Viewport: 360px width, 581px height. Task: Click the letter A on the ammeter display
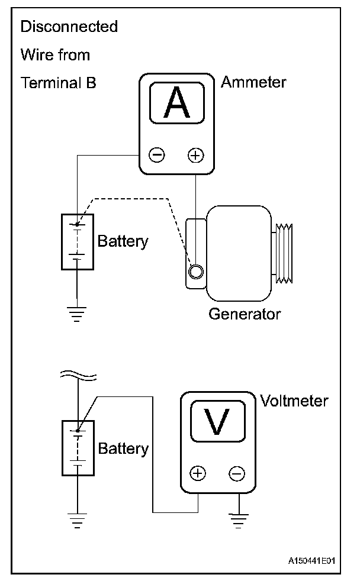click(x=176, y=104)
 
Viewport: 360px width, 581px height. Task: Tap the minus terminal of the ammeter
click(x=157, y=156)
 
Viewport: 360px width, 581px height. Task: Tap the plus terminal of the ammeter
click(x=195, y=156)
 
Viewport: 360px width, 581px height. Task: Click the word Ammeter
click(x=253, y=82)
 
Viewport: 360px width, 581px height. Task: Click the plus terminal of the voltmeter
click(x=198, y=474)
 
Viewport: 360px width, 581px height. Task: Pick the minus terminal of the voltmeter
click(x=236, y=474)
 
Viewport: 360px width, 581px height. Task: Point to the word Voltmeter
click(x=294, y=401)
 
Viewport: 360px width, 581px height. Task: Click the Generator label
click(x=244, y=314)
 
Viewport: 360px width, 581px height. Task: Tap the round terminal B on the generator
click(x=195, y=272)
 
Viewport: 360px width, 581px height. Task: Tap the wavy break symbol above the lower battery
click(x=77, y=375)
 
